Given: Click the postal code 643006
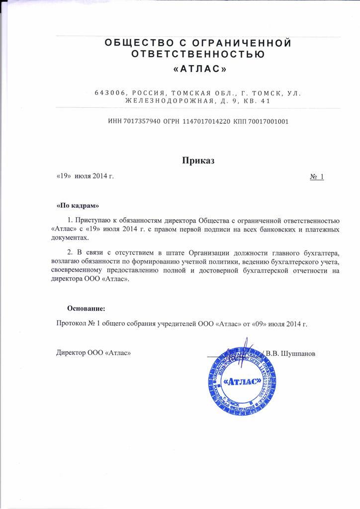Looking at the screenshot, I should [111, 92].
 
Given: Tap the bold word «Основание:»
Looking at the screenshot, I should [87, 309].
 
